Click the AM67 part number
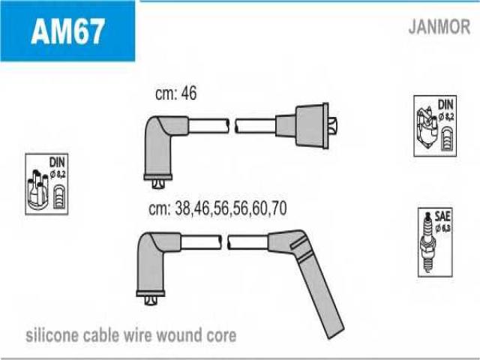(67, 31)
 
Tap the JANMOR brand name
(439, 28)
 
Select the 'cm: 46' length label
(175, 94)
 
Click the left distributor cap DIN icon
(46, 184)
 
